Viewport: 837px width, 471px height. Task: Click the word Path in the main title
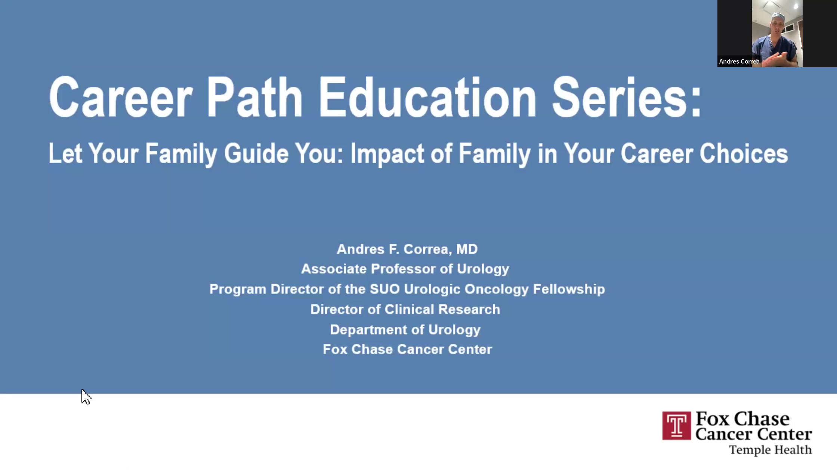coord(254,98)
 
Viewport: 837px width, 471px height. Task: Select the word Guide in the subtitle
coord(256,154)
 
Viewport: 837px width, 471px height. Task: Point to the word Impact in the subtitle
coord(387,154)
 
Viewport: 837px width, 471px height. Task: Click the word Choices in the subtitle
coord(744,154)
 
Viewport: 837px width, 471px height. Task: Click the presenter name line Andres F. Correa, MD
coord(407,249)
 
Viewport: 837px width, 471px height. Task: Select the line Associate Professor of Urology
coord(405,269)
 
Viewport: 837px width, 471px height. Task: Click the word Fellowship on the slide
coord(569,289)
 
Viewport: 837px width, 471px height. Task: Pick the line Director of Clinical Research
coord(405,310)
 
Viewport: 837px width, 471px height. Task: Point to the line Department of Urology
coord(405,330)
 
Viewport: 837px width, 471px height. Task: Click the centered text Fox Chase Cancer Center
coord(407,350)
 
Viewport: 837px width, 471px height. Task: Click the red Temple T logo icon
coord(676,426)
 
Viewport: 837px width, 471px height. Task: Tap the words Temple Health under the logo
coord(770,450)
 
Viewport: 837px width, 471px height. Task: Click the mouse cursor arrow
coord(86,396)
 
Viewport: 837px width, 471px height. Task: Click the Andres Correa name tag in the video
coord(739,62)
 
